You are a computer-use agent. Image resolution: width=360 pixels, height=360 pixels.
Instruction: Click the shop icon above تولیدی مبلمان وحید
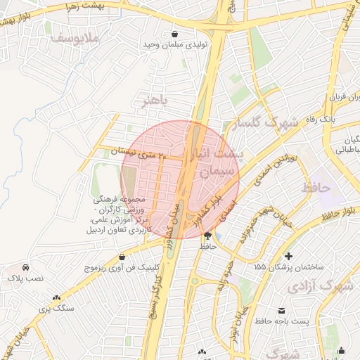pos(174,34)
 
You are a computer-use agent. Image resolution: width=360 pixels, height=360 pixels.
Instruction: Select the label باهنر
pos(155,100)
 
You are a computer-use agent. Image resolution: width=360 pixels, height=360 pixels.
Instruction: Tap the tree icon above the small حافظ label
pos(207,236)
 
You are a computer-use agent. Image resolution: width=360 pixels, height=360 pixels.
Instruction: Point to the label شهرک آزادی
pos(320,287)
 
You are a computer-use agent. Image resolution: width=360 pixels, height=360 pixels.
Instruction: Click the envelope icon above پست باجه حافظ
pos(282,310)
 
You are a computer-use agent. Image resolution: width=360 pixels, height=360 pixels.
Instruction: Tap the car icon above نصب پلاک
pos(25,268)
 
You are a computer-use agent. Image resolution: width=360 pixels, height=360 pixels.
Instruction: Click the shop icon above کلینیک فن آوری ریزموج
pos(123,257)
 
